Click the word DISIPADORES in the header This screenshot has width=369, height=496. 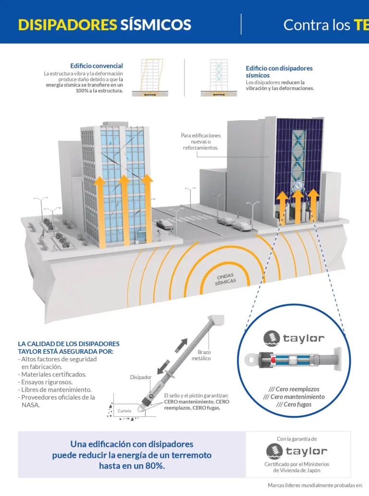click(67, 25)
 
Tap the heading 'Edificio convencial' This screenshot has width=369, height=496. click(96, 66)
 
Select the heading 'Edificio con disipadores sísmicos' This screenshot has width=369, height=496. click(279, 72)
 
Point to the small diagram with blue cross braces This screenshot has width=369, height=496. click(219, 77)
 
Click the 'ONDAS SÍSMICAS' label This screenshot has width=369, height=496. click(225, 280)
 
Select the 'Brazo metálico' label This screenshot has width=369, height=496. click(201, 355)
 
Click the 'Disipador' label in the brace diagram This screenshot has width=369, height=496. click(141, 377)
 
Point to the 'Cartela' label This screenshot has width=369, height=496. click(124, 411)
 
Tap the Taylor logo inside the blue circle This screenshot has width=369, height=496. click(294, 338)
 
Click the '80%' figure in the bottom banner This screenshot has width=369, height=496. click(153, 466)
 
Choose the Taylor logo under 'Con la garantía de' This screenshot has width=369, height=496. click(296, 451)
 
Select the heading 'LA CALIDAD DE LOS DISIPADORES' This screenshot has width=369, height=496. click(69, 344)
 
